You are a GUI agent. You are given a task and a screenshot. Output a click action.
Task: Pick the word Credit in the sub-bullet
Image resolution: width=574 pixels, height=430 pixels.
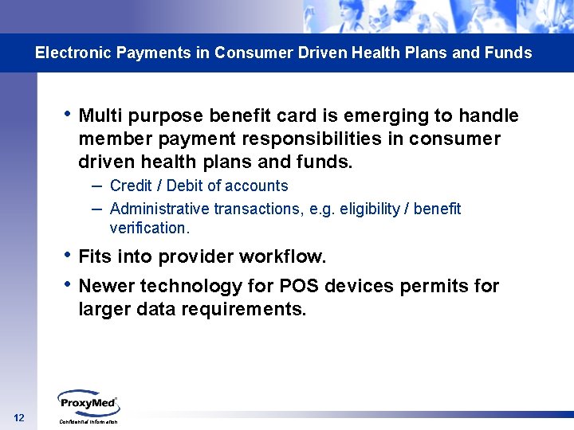pos(132,186)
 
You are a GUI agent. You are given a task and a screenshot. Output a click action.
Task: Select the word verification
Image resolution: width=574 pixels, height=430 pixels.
pos(149,228)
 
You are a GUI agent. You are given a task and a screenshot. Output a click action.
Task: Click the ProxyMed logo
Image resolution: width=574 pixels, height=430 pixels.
pos(88,402)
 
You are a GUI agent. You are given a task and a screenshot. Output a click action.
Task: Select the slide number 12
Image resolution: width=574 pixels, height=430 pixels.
pos(19,419)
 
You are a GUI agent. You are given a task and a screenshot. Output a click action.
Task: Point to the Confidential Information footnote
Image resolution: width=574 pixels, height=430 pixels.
pos(88,421)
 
